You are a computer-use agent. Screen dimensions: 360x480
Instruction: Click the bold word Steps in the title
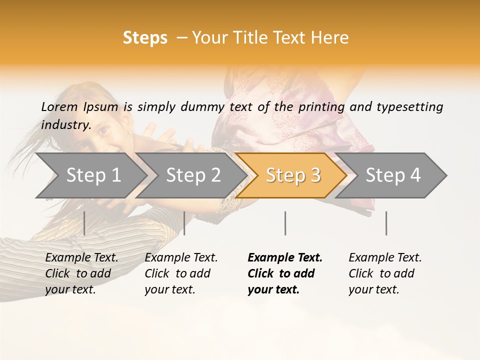pyautogui.click(x=145, y=38)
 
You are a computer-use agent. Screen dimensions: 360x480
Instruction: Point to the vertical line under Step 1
pyautogui.click(x=84, y=223)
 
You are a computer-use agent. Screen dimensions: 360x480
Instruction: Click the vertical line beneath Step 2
pyautogui.click(x=184, y=223)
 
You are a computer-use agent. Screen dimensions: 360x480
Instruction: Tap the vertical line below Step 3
pyautogui.click(x=285, y=223)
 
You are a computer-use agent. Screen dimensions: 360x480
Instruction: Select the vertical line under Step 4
pyautogui.click(x=386, y=223)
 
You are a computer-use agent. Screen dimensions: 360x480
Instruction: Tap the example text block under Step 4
pyautogui.click(x=385, y=273)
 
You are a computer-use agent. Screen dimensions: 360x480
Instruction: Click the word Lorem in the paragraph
pyautogui.click(x=59, y=107)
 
